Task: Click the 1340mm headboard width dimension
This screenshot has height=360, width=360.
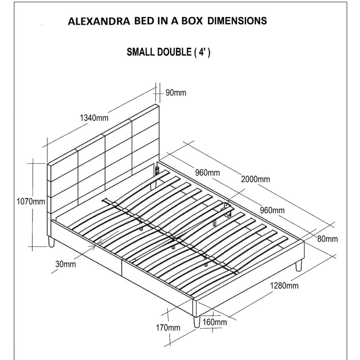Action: click(x=94, y=118)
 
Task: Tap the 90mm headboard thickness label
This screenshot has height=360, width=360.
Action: click(x=176, y=93)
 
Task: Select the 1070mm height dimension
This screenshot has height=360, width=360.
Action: click(x=31, y=202)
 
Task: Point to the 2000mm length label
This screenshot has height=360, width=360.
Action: click(x=255, y=179)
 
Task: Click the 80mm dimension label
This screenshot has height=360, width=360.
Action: click(x=328, y=239)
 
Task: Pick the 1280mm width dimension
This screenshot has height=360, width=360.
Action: click(x=284, y=285)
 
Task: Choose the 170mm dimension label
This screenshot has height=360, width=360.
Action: click(x=168, y=328)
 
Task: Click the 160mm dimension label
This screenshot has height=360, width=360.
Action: click(x=215, y=322)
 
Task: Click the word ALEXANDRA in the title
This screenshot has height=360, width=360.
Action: click(x=99, y=21)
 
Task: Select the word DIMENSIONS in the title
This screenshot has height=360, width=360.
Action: click(x=237, y=21)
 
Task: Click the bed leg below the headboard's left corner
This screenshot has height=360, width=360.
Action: click(x=51, y=241)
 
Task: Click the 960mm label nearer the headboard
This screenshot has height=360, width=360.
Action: click(x=207, y=173)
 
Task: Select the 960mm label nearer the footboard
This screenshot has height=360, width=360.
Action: click(x=272, y=210)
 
